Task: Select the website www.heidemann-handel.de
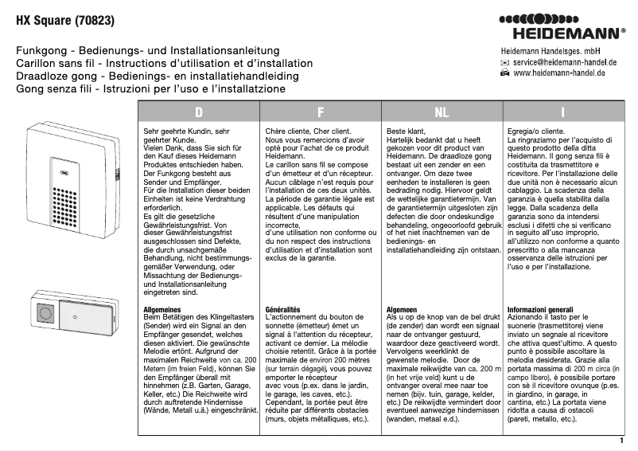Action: (559, 73)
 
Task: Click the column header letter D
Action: (199, 112)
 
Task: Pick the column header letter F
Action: (320, 112)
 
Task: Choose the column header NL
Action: (441, 112)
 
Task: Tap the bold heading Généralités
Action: (283, 308)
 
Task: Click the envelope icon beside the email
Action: (504, 61)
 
